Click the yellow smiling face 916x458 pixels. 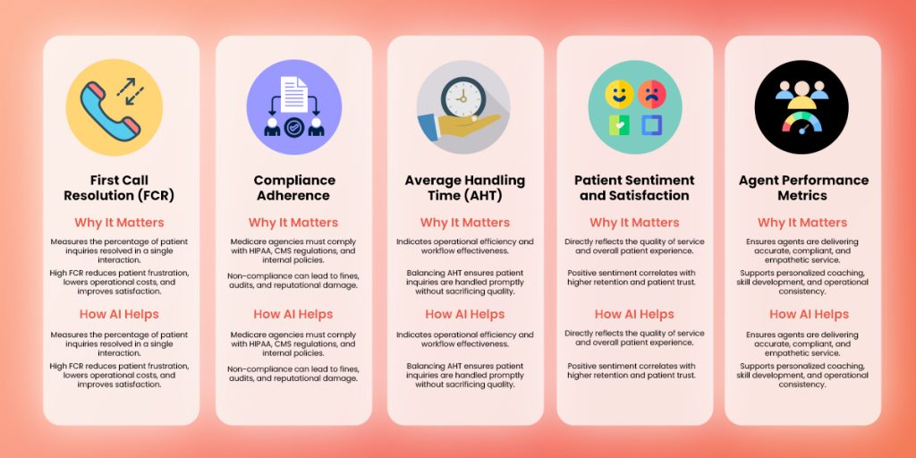pyautogui.click(x=618, y=93)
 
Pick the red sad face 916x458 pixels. pyautogui.click(x=650, y=93)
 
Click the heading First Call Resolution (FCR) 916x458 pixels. pyautogui.click(x=121, y=188)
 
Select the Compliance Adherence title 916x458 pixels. pyautogui.click(x=294, y=188)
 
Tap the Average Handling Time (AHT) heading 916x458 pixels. pyautogui.click(x=465, y=188)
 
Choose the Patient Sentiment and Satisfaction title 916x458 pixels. pyautogui.click(x=634, y=188)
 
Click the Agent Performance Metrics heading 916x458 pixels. pyautogui.click(x=802, y=188)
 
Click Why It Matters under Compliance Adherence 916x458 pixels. pyautogui.click(x=293, y=223)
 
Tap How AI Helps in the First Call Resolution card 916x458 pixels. pyautogui.click(x=121, y=314)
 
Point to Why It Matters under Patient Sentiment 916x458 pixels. pyautogui.click(x=634, y=223)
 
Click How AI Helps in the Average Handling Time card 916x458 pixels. pyautogui.click(x=464, y=314)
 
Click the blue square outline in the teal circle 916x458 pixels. pyautogui.click(x=650, y=125)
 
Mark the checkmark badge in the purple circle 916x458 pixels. pyautogui.click(x=293, y=125)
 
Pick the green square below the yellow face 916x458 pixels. pyautogui.click(x=618, y=125)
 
